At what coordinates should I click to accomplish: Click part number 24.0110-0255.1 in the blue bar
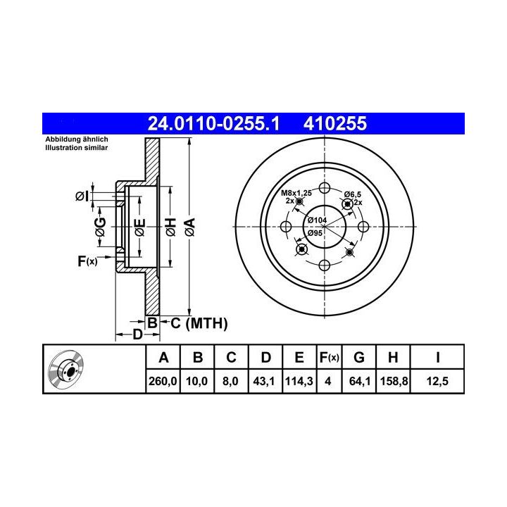click(213, 123)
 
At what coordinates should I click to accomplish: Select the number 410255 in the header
click(335, 123)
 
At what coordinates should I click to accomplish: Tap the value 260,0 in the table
click(163, 381)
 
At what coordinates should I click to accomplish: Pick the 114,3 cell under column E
click(299, 381)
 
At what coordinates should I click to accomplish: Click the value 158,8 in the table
click(394, 381)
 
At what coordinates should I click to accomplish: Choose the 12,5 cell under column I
click(437, 381)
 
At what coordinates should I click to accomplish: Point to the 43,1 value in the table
click(264, 381)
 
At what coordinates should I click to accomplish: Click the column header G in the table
click(359, 358)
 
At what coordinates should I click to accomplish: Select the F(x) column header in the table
click(329, 358)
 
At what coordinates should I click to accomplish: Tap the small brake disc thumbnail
click(65, 368)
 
